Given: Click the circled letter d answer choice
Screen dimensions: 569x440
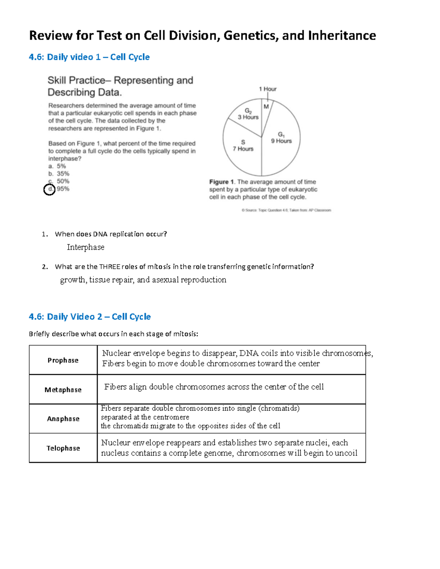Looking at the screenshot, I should [49, 189].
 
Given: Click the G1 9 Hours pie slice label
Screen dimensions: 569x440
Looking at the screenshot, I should [281, 138].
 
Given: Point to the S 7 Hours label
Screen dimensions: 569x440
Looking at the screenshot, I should [243, 145].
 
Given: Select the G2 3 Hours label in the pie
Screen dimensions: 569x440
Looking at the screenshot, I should [248, 114].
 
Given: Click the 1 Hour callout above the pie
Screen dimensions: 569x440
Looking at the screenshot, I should [268, 89].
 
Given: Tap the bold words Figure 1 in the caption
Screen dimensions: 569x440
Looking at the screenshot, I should [221, 182].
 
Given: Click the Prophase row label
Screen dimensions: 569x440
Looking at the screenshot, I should [63, 360].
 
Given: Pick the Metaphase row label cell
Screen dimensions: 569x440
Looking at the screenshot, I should [63, 389].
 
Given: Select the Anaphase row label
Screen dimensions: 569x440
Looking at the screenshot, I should [63, 419].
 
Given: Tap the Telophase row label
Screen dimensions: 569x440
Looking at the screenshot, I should [63, 448].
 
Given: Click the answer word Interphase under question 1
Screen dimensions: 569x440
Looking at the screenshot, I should [85, 247].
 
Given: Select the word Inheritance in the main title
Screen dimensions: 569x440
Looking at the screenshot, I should [342, 36].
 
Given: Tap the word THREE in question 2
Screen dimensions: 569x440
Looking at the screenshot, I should [110, 267].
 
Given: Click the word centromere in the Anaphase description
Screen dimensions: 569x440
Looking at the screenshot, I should [171, 417].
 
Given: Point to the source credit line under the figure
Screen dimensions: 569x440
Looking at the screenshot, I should [286, 210].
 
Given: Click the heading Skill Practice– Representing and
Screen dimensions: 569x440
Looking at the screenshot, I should [120, 80].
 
